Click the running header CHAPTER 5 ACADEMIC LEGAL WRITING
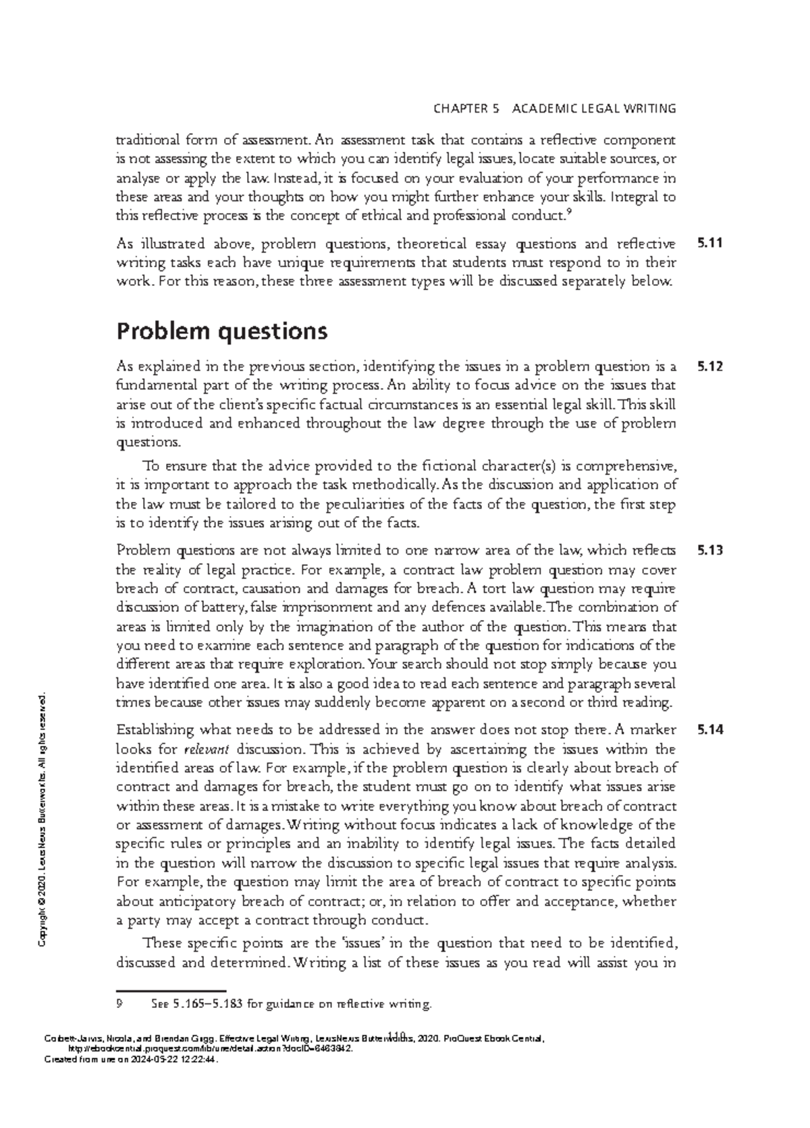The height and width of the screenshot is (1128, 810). (x=554, y=108)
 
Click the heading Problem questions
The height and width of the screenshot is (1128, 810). (x=222, y=331)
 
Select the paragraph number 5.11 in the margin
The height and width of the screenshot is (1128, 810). (x=710, y=244)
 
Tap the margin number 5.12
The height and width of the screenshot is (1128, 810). (x=710, y=367)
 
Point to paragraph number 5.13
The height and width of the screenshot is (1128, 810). (x=710, y=551)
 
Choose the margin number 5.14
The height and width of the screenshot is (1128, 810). (x=710, y=729)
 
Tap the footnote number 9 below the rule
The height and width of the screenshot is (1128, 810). (x=119, y=1004)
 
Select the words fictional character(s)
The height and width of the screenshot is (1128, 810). (x=490, y=466)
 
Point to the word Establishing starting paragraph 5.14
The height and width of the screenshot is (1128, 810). (x=155, y=729)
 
